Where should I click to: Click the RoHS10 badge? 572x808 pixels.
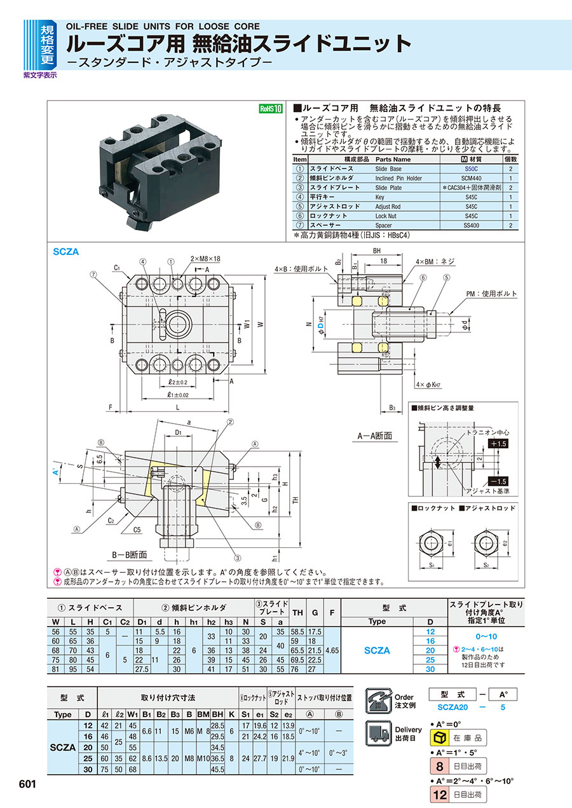[269, 108]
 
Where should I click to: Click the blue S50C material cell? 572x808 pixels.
[471, 170]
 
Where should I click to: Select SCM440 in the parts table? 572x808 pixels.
[471, 179]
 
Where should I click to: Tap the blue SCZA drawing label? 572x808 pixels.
[66, 252]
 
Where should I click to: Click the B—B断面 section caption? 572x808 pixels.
[130, 554]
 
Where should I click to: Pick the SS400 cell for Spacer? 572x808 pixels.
[471, 225]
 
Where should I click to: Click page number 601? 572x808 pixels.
[27, 784]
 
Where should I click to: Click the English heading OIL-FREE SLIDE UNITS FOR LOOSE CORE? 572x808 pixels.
[163, 26]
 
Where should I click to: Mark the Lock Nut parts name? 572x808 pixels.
[386, 216]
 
